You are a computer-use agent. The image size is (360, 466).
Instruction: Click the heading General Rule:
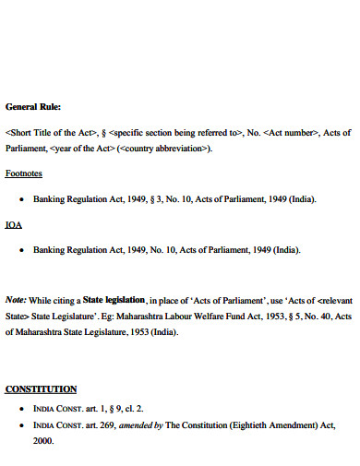33,105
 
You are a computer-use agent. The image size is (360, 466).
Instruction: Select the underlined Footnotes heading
24,173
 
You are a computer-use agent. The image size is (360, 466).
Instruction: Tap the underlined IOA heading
15,224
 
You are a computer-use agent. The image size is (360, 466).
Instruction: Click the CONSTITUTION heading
41,388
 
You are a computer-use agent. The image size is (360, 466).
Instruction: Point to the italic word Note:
16,300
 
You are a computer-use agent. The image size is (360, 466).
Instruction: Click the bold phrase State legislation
114,300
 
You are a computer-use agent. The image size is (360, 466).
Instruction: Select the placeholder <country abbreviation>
165,148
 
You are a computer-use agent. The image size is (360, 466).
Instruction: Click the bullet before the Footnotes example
21,199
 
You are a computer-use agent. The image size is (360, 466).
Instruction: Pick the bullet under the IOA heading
21,250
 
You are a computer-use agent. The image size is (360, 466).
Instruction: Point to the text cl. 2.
133,407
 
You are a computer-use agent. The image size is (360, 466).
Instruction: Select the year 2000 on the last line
43,440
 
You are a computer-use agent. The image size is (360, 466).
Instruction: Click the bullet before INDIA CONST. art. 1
21,408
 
